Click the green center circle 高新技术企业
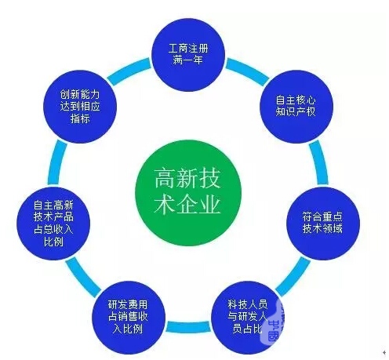coord(188,193)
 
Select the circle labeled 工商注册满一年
coord(188,55)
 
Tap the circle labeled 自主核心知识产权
coord(296,107)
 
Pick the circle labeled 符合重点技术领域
coord(323,224)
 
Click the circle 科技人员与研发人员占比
coord(247,317)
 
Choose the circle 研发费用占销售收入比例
coord(129,317)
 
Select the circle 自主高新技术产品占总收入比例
coord(53,224)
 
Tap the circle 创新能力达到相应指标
coord(80,107)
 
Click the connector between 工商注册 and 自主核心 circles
coord(247,71)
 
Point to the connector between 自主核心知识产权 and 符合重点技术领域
coord(319,163)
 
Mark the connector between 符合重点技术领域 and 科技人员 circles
coord(293,277)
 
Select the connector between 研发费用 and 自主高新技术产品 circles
coord(83,277)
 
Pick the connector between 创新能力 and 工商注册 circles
coord(129,71)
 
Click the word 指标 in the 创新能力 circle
coord(80,118)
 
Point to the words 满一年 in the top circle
coord(188,60)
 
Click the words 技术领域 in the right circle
coord(322,229)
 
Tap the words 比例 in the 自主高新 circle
coord(53,242)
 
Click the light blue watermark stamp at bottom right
coord(273,324)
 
